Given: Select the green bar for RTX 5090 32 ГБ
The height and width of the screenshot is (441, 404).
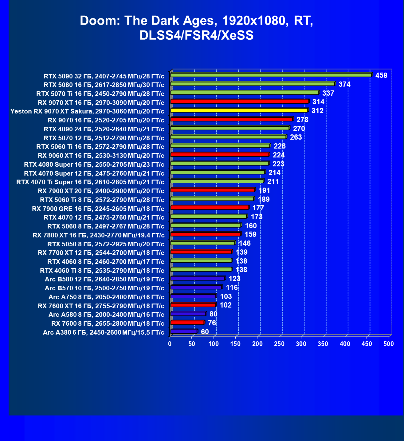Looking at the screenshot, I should pyautogui.click(x=271, y=75).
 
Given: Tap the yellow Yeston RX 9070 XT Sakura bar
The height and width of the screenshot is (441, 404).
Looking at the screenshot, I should pyautogui.click(x=239, y=110).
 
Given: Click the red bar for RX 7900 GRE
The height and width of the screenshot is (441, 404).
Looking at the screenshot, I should pyautogui.click(x=209, y=208).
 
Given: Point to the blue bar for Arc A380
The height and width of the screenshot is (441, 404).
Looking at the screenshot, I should pyautogui.click(x=183, y=332).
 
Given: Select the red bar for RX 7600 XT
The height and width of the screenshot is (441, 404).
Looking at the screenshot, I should pyautogui.click(x=193, y=305).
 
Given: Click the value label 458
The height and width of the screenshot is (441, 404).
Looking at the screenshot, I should pyautogui.click(x=381, y=75).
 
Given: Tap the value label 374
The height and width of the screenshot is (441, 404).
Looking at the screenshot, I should pyautogui.click(x=344, y=84).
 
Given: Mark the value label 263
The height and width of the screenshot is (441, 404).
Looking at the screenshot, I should pyautogui.click(x=296, y=137).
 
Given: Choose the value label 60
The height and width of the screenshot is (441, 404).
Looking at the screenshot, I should pyautogui.click(x=205, y=332).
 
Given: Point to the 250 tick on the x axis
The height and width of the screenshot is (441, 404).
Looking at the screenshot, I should pyautogui.click(x=279, y=344).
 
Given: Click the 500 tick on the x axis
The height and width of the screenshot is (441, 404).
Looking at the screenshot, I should pyautogui.click(x=389, y=344).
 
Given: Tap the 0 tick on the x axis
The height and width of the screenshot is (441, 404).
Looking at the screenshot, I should pyautogui.click(x=170, y=344).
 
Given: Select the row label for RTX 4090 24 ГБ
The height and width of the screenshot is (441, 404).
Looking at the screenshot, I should pyautogui.click(x=104, y=129).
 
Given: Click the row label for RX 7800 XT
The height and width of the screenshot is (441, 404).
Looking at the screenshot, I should pyautogui.click(x=98, y=235).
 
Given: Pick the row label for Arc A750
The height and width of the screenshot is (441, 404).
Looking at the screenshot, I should pyautogui.click(x=106, y=297).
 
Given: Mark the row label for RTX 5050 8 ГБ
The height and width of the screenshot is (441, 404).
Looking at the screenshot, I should pyautogui.click(x=106, y=244).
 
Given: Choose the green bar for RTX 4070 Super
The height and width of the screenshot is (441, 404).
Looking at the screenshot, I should pyautogui.click(x=217, y=172).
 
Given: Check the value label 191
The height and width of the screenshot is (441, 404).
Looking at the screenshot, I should pyautogui.click(x=264, y=190).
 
